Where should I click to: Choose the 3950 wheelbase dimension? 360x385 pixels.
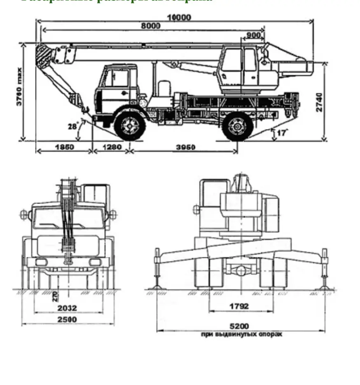coord(185,147)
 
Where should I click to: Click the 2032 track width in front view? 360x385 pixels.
coord(67,308)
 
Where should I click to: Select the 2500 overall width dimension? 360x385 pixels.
coord(67,319)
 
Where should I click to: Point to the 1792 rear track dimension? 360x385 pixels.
coord(239,306)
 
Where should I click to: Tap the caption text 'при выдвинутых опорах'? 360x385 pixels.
coord(241,334)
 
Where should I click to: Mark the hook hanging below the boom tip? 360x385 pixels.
coord(85,109)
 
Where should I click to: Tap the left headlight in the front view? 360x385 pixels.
coord(41,262)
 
